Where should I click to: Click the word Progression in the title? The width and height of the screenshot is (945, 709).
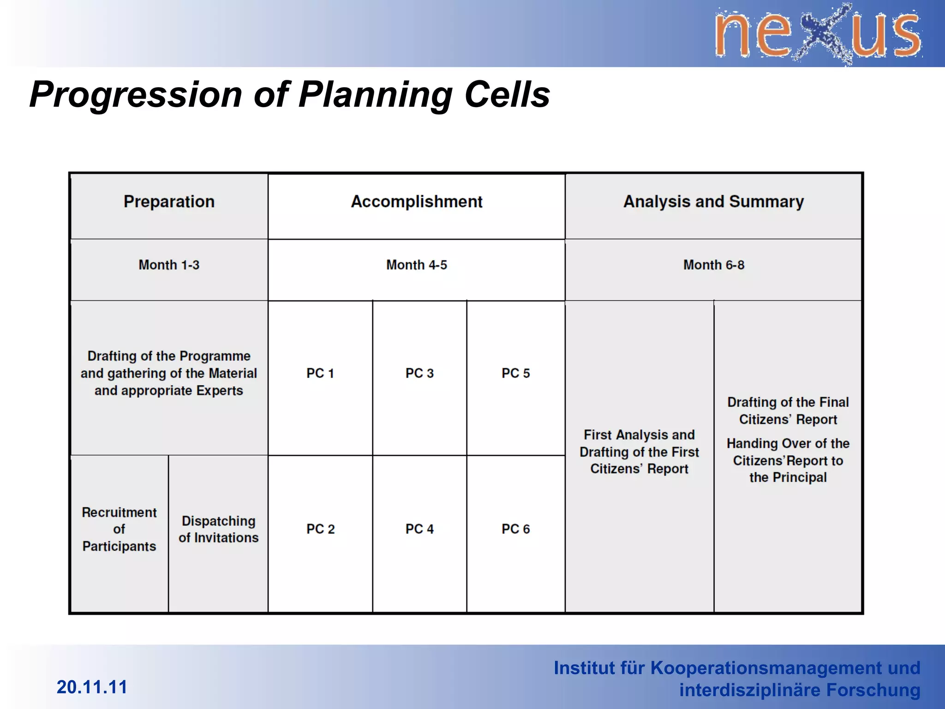[x=136, y=95]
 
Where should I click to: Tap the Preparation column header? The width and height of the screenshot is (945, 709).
[x=169, y=202]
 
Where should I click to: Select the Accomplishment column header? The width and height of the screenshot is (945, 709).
[x=416, y=202]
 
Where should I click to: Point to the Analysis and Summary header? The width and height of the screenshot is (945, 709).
[x=713, y=202]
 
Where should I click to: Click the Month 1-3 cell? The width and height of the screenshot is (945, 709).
[x=169, y=265]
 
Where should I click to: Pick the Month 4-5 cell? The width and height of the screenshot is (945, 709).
[x=416, y=265]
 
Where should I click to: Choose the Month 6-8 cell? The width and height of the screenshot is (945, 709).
[x=713, y=265]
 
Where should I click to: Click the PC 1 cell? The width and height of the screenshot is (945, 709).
[x=320, y=373]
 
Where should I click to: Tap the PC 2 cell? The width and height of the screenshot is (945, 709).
[x=320, y=529]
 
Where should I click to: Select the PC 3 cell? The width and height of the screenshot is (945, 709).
[x=419, y=373]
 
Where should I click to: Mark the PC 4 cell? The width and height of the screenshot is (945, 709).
[x=419, y=529]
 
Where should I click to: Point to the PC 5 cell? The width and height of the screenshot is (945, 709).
[x=516, y=373]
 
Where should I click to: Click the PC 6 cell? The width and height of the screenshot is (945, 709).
[x=516, y=529]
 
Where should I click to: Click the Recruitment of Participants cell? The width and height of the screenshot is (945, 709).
[x=119, y=529]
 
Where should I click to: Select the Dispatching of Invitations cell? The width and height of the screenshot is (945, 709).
[x=218, y=529]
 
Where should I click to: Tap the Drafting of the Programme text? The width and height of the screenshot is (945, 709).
[x=169, y=373]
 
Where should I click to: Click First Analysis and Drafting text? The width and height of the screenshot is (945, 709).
[x=639, y=452]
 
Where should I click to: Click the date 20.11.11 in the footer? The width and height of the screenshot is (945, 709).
[x=92, y=687]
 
